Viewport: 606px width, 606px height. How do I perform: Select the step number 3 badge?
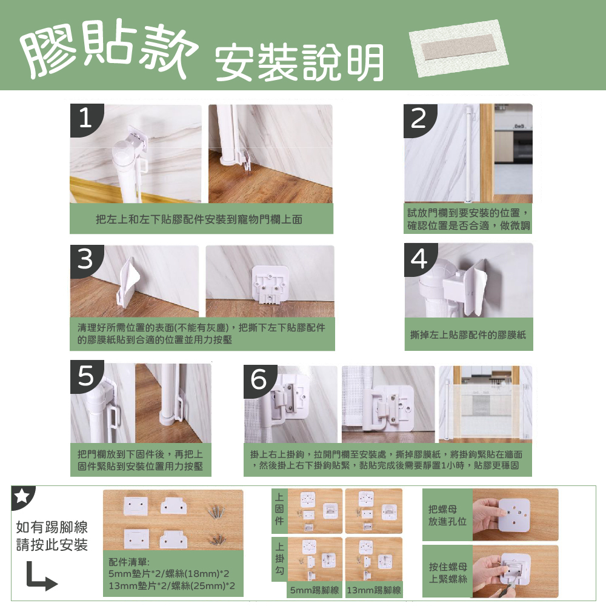(86, 260)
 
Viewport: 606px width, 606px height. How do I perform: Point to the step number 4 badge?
(420, 259)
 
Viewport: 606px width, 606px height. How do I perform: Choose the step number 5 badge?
(86, 376)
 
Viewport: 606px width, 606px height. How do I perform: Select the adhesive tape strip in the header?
(459, 48)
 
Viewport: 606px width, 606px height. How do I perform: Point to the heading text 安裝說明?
(299, 62)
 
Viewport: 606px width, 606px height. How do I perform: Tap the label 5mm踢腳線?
(314, 590)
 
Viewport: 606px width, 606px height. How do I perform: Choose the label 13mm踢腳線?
(374, 590)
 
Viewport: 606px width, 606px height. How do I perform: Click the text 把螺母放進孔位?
(447, 515)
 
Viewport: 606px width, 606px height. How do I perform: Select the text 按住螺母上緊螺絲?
(448, 573)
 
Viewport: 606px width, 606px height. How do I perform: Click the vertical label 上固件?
(279, 508)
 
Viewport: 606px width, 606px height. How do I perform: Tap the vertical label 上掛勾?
(279, 558)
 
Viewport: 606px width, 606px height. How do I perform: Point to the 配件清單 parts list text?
(171, 573)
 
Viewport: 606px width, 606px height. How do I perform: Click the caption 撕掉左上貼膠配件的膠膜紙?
(468, 335)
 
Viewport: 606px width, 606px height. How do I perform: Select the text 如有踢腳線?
(52, 527)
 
